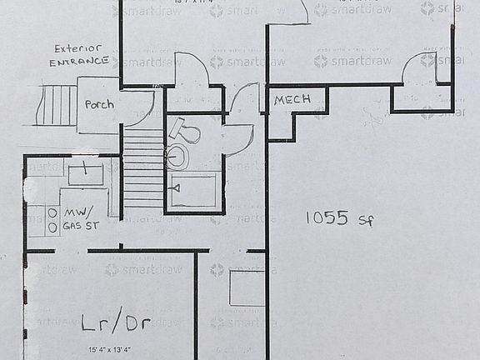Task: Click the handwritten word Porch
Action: click(99, 105)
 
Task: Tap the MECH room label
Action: click(292, 99)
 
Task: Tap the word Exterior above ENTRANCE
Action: click(77, 48)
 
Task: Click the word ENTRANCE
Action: click(79, 62)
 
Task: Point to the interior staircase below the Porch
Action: click(143, 167)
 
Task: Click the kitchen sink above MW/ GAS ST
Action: click(85, 174)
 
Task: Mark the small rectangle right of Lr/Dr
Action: click(247, 287)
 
